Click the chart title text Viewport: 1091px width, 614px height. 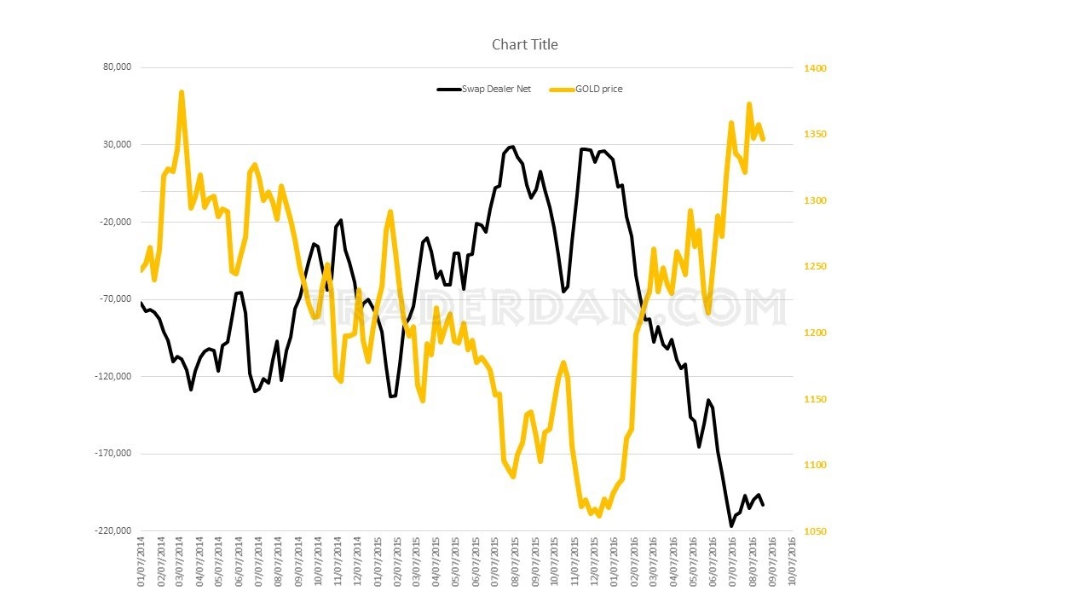[x=524, y=44]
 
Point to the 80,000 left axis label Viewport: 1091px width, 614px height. [x=117, y=67]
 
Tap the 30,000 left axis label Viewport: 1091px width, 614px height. [x=117, y=145]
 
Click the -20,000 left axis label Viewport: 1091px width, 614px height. [x=115, y=222]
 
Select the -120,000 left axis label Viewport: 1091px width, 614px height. [x=113, y=376]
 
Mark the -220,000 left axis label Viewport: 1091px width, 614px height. [x=113, y=530]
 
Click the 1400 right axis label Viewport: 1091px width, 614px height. [x=816, y=68]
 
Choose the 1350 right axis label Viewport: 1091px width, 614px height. [x=816, y=135]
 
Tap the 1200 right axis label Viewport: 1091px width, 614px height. [x=816, y=333]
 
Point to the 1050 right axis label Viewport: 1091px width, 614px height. [x=816, y=531]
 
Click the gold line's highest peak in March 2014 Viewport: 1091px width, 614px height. [x=182, y=92]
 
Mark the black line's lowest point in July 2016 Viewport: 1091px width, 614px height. [x=730, y=525]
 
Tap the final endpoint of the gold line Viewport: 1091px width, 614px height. [x=763, y=138]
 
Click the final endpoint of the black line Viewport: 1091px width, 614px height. [x=763, y=505]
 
